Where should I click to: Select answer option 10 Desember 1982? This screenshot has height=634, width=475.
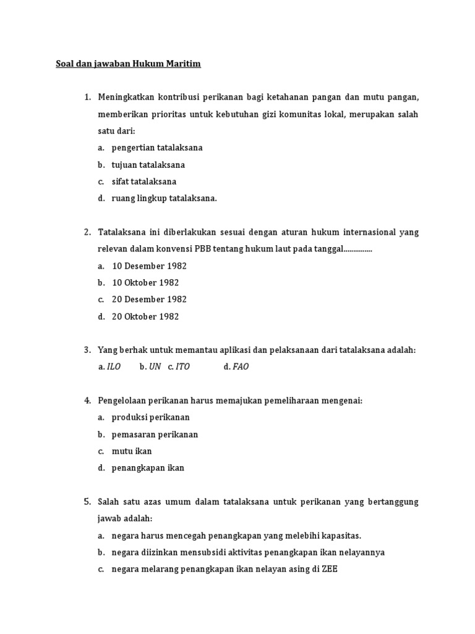pyautogui.click(x=149, y=266)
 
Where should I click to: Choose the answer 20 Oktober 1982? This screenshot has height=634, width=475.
pyautogui.click(x=145, y=316)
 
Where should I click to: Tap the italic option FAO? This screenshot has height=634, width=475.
pyautogui.click(x=240, y=367)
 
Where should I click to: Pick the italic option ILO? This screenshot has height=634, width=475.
pyautogui.click(x=114, y=367)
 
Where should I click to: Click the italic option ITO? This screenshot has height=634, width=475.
pyautogui.click(x=182, y=367)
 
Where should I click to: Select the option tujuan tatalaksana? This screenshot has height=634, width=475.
pyautogui.click(x=148, y=165)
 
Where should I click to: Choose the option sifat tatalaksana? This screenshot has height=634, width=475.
pyautogui.click(x=144, y=181)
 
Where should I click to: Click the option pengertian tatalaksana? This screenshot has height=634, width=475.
pyautogui.click(x=157, y=148)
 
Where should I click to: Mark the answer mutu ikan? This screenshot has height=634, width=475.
pyautogui.click(x=132, y=451)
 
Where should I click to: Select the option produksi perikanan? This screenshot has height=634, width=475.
pyautogui.click(x=151, y=417)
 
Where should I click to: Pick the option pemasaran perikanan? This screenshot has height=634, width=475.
pyautogui.click(x=155, y=434)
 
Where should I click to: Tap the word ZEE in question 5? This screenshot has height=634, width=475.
pyautogui.click(x=329, y=569)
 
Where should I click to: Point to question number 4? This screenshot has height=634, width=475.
pyautogui.click(x=87, y=401)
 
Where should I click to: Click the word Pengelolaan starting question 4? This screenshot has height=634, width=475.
pyautogui.click(x=123, y=401)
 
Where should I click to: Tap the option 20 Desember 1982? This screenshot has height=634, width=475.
pyautogui.click(x=149, y=299)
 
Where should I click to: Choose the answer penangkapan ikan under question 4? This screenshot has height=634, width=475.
pyautogui.click(x=148, y=467)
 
